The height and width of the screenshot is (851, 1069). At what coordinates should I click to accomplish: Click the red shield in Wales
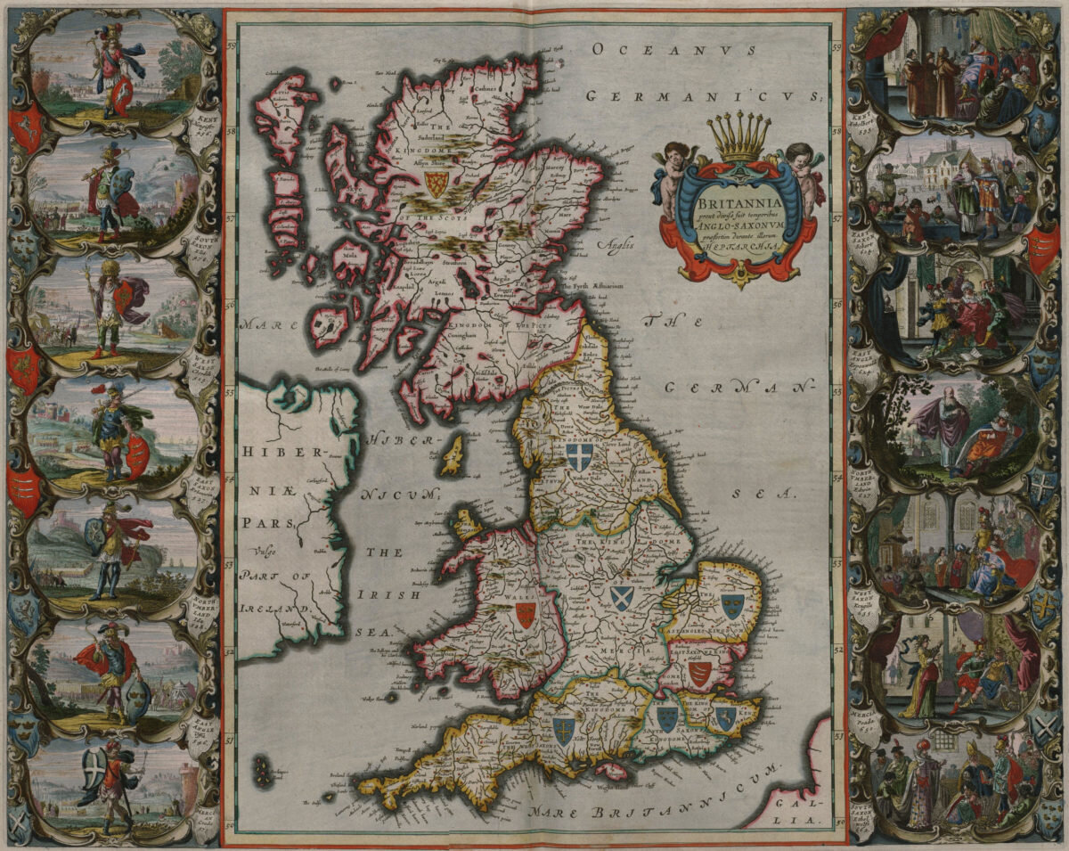click(x=526, y=614)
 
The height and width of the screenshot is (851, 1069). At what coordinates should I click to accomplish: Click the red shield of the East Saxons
click(x=699, y=673)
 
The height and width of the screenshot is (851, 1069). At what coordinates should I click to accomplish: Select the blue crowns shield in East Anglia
click(x=732, y=606)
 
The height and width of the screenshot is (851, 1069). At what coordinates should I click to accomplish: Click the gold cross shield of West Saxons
click(x=563, y=731)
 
